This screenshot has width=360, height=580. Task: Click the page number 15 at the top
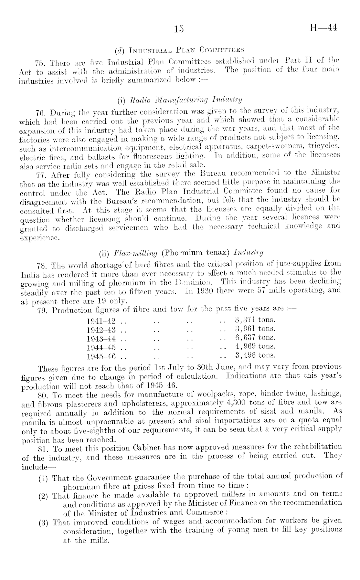[x=178, y=29]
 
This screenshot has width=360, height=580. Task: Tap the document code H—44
[x=323, y=28]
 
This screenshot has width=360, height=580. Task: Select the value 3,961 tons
[x=255, y=329]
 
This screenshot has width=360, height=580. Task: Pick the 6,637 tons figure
[x=255, y=337]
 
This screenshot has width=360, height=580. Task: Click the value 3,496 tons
[x=255, y=355]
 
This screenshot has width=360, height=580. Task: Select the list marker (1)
[x=43, y=478]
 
